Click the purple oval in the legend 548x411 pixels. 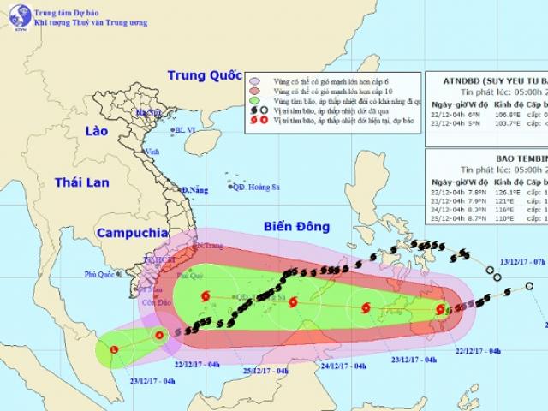click(x=253, y=76)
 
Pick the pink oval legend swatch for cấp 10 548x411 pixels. click(x=253, y=89)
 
